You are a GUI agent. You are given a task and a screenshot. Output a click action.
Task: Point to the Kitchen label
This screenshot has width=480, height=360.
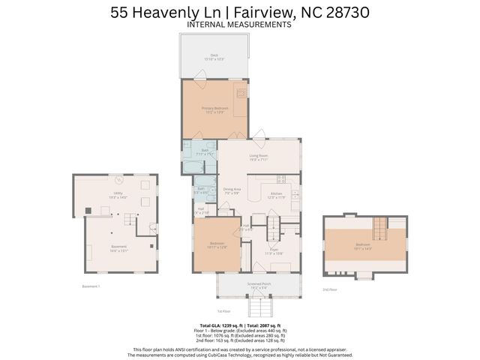[x=277, y=195]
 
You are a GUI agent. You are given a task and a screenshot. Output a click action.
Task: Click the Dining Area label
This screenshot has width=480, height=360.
[x=232, y=191]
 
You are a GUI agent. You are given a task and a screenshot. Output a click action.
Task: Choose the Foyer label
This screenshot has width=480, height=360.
[x=274, y=251]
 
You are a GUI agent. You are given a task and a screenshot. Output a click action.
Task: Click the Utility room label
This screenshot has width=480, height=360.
[x=118, y=195]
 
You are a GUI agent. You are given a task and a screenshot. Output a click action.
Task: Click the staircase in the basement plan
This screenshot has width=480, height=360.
[x=130, y=220]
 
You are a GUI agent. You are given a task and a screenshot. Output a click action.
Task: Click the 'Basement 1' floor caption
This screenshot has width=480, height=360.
[x=90, y=286]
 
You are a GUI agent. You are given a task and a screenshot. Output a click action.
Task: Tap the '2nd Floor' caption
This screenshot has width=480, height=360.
[x=330, y=289]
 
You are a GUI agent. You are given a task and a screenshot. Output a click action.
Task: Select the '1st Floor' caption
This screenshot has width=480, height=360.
[x=223, y=310]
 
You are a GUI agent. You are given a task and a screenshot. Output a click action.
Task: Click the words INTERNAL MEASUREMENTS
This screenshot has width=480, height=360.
[x=239, y=24]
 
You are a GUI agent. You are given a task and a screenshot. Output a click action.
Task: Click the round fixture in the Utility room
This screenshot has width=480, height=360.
[x=117, y=179]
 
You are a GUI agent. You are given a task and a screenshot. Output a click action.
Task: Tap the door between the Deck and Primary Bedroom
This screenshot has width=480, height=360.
[x=199, y=76]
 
